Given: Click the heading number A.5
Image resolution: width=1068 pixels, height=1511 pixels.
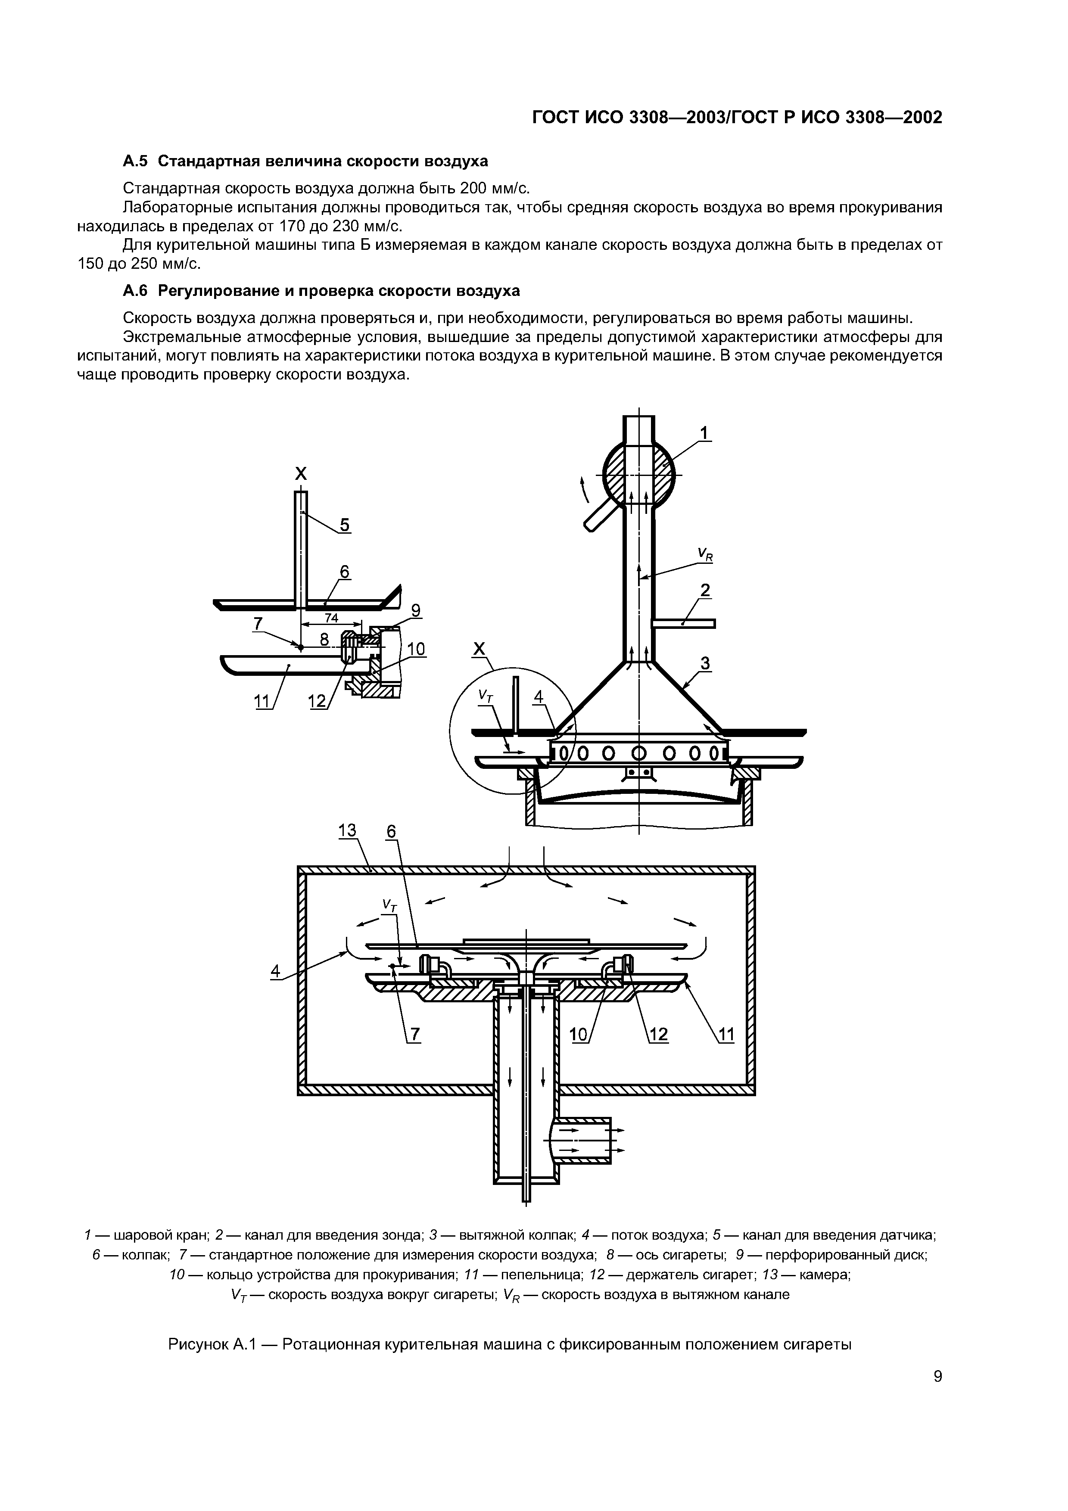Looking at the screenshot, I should (136, 161).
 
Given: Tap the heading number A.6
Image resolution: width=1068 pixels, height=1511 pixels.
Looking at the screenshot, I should (136, 290).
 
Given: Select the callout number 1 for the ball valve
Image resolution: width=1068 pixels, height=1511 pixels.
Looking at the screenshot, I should (704, 433).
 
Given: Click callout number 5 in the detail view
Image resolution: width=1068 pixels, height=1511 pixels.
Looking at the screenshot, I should (345, 525).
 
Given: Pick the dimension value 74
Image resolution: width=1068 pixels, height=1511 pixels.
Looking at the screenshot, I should (331, 618).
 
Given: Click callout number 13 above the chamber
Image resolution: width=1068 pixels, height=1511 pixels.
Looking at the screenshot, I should (347, 831).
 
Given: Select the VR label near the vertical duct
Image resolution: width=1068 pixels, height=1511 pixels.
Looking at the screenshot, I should (705, 556).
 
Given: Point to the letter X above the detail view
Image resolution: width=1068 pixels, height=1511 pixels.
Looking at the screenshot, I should (300, 473).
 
